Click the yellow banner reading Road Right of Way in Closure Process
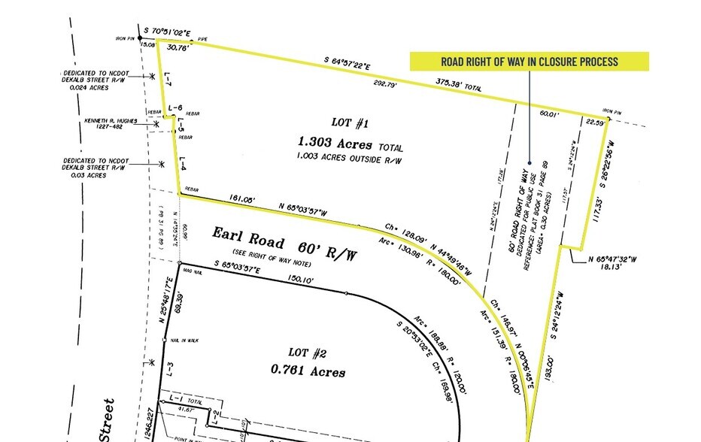529,61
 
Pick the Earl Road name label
247,241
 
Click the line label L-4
183,162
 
